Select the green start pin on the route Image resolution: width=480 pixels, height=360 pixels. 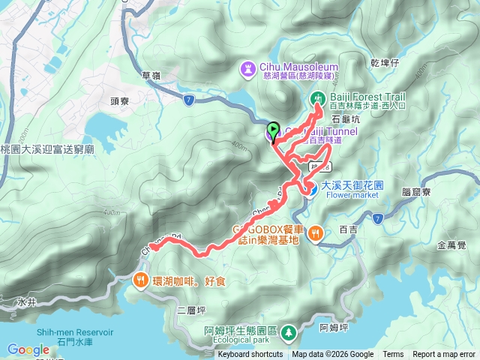[273, 130]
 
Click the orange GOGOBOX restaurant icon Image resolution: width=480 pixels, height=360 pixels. [316, 232]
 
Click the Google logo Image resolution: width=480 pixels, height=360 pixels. [28, 349]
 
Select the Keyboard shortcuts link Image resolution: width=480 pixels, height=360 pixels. [250, 355]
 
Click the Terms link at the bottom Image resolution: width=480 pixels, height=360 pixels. [393, 355]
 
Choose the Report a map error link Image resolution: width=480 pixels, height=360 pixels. [444, 355]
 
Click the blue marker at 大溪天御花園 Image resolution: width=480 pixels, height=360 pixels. [308, 190]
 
